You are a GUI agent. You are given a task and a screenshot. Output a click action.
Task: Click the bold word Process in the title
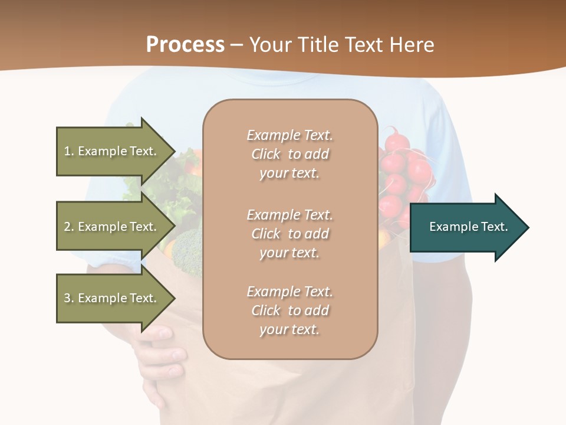pos(185,45)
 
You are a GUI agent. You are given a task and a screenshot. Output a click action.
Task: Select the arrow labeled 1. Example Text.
pos(112,151)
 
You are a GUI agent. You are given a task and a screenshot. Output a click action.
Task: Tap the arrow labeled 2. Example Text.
pos(112,227)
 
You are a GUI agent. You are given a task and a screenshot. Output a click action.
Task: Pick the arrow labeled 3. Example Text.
pos(112,298)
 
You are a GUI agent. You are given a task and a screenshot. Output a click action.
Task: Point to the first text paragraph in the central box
pos(290,154)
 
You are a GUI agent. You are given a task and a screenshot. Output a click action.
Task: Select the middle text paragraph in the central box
pos(290,234)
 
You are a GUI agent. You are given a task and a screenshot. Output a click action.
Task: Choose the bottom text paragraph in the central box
pos(290,310)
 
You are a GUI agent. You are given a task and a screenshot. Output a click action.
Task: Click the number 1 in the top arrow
pos(67,151)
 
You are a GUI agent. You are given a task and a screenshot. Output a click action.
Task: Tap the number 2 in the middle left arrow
pos(67,227)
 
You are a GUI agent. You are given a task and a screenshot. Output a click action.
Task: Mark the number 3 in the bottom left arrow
pos(67,298)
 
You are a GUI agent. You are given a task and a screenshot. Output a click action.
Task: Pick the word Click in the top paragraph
pos(265,154)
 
